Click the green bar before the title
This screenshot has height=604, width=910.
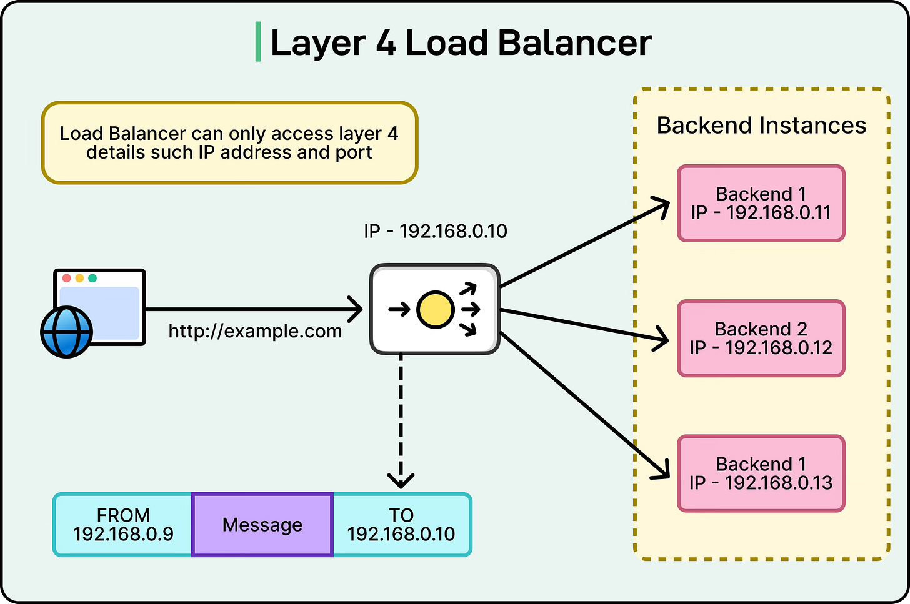click(x=258, y=42)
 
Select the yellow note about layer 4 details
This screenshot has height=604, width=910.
click(x=229, y=143)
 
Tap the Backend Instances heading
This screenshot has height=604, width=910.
click(x=761, y=126)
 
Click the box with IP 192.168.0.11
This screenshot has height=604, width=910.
click(x=761, y=204)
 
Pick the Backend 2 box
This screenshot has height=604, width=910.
click(x=761, y=339)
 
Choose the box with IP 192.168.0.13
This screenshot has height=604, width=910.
click(x=761, y=473)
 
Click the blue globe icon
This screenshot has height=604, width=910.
click(x=66, y=332)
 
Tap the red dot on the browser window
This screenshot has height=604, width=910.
click(x=67, y=278)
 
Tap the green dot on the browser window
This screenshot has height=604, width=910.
click(x=92, y=278)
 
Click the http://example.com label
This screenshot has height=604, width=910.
click(x=255, y=331)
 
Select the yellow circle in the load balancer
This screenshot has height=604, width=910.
click(x=435, y=309)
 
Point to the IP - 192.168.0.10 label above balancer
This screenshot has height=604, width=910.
click(x=436, y=232)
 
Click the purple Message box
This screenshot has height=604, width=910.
click(x=262, y=525)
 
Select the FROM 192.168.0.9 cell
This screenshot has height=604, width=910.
click(x=123, y=525)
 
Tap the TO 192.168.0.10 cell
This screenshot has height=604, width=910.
click(x=401, y=525)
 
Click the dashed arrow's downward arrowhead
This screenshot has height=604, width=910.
click(x=401, y=481)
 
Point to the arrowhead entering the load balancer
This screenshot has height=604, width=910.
click(x=356, y=309)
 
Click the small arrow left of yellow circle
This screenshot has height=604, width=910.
click(x=399, y=309)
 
